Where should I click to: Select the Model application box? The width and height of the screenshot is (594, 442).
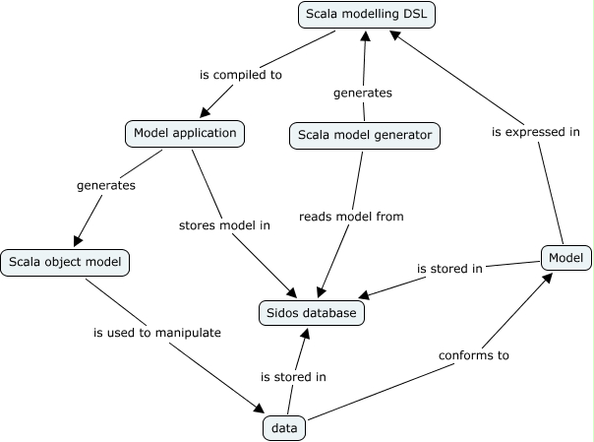pyautogui.click(x=184, y=132)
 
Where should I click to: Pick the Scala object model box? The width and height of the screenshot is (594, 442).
pyautogui.click(x=66, y=263)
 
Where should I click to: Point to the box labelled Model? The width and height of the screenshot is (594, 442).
pyautogui.click(x=566, y=259)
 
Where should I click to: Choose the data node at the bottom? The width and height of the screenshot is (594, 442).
pyautogui.click(x=285, y=428)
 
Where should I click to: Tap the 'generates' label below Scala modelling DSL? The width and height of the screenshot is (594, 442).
pyautogui.click(x=364, y=93)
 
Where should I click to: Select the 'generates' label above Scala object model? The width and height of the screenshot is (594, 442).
pyautogui.click(x=106, y=184)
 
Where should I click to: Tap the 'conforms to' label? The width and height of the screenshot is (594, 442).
pyautogui.click(x=474, y=355)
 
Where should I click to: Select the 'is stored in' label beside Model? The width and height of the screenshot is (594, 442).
pyautogui.click(x=448, y=268)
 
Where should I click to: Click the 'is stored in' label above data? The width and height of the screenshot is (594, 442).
pyautogui.click(x=293, y=376)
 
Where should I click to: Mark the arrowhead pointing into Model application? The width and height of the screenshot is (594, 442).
pyautogui.click(x=206, y=114)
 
